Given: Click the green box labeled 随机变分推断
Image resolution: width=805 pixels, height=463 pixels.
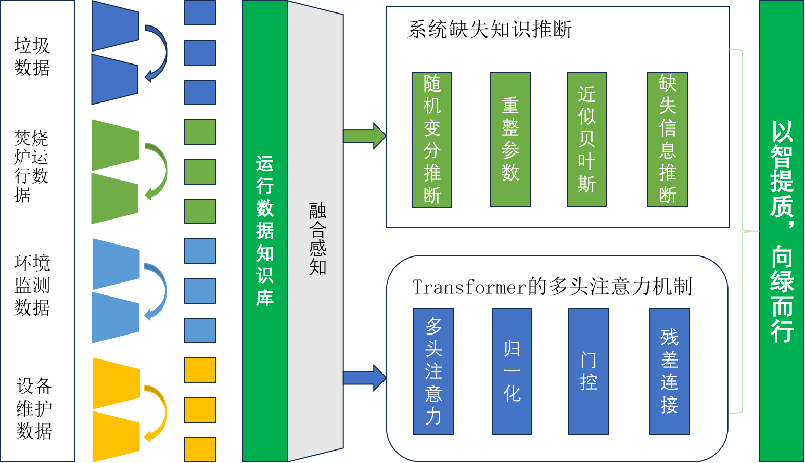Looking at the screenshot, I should click(432, 140).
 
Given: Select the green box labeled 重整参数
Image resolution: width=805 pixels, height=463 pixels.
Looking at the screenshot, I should click(510, 140).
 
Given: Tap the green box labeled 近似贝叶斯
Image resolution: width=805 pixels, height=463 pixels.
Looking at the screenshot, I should click(587, 140).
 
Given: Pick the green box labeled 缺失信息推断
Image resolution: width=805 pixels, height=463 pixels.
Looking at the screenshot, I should click(668, 140).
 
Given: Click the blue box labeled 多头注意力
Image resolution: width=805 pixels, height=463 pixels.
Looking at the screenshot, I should click(433, 371).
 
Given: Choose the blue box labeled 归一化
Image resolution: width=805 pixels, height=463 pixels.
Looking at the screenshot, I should click(512, 371).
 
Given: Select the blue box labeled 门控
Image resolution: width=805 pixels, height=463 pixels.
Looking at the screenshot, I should click(589, 371).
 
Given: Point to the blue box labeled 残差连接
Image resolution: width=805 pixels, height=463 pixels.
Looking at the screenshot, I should click(670, 371).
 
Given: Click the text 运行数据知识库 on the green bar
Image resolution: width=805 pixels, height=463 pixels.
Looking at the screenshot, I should click(265, 231).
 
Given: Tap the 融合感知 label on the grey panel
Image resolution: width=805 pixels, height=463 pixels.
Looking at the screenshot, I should click(317, 239).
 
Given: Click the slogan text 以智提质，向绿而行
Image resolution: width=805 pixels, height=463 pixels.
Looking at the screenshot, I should click(782, 231).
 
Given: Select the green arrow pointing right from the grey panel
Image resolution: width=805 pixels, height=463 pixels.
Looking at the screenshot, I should click(365, 136).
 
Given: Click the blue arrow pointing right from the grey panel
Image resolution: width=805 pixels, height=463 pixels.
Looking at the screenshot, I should click(365, 378).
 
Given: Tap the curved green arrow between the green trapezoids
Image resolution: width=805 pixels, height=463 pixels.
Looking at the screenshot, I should click(158, 171).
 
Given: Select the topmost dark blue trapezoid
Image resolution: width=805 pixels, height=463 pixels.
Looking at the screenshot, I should click(116, 25).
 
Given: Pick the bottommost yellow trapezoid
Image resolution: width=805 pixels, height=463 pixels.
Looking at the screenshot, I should click(116, 436).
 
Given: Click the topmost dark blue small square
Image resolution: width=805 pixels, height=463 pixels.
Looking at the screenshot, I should click(200, 13).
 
